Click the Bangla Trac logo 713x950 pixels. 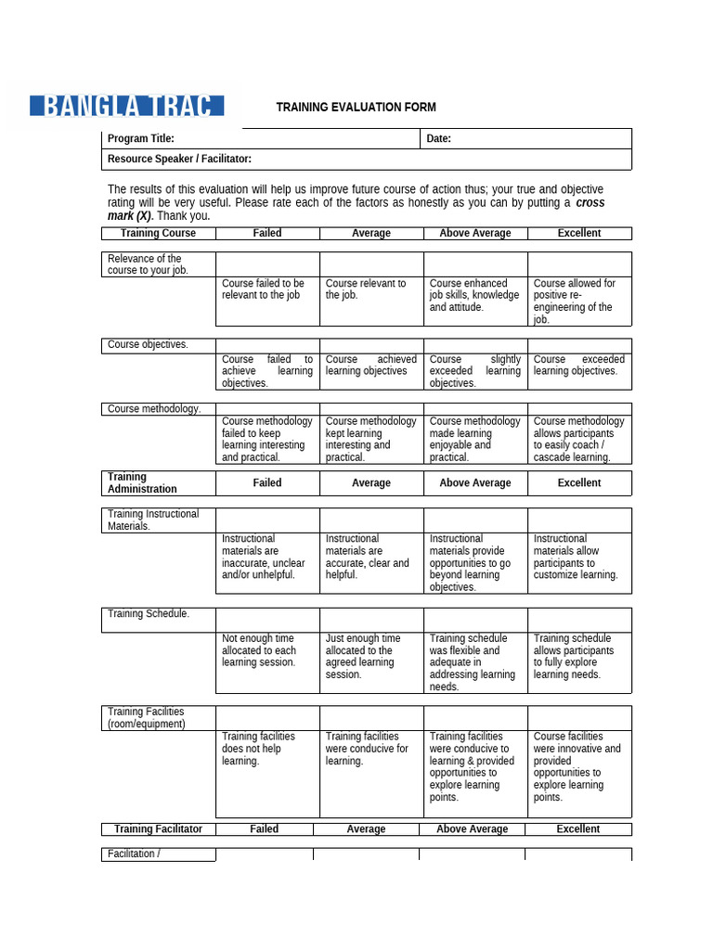(126, 105)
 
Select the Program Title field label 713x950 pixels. (141, 139)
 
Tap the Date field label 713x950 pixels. (438, 139)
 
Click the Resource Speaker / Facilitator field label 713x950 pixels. (179, 160)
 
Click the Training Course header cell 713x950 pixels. (158, 234)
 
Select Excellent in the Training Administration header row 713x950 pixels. (579, 483)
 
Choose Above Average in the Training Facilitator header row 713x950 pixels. (472, 829)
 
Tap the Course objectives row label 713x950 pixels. (148, 345)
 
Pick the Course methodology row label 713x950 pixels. (154, 409)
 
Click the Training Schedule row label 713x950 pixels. (149, 614)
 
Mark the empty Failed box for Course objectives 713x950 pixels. (267, 345)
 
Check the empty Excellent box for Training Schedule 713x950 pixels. (579, 620)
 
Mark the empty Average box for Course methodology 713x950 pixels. (371, 409)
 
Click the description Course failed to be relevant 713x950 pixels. (264, 289)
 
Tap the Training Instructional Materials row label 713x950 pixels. (153, 520)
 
